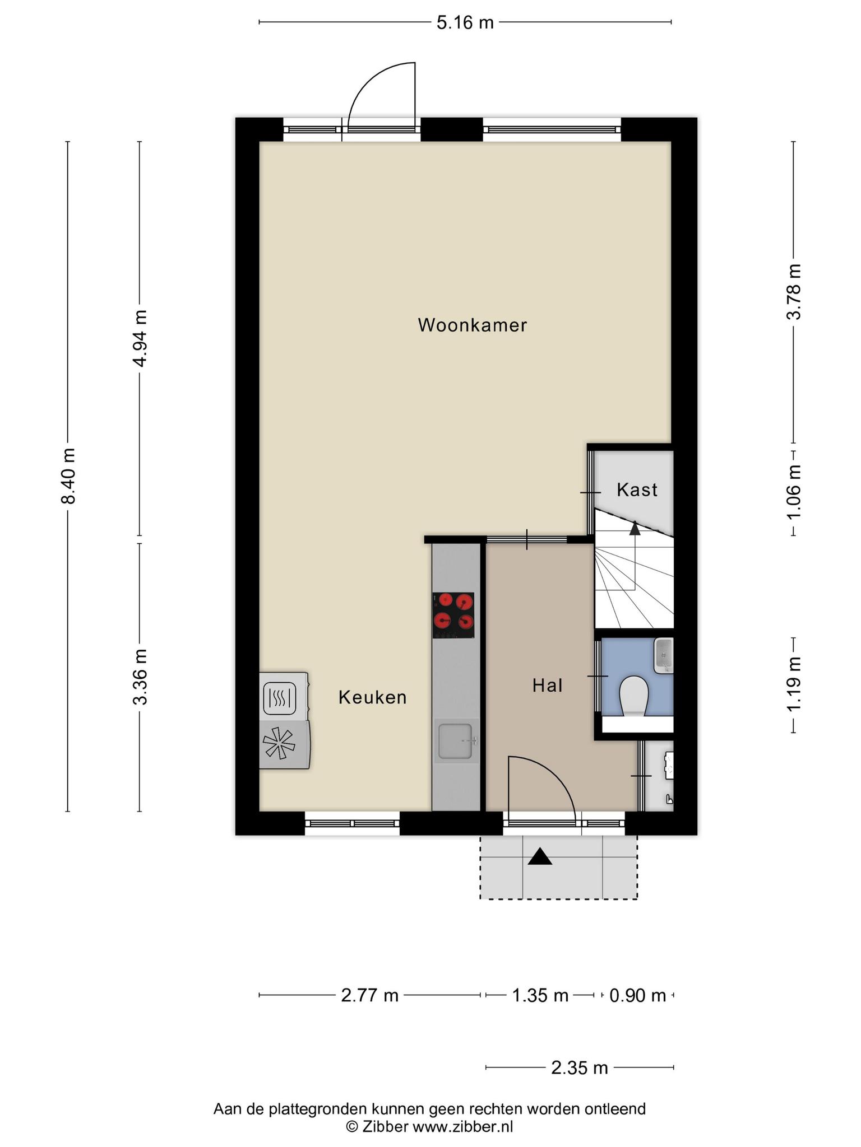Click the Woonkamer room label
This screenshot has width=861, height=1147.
tap(472, 325)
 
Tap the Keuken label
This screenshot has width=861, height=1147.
tap(372, 697)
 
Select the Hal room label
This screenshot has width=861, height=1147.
tap(547, 685)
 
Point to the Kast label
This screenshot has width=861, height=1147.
tap(637, 490)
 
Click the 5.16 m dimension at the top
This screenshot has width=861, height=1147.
tap(465, 23)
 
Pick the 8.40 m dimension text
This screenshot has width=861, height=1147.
tap(68, 476)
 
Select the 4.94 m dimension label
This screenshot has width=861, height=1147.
tap(140, 338)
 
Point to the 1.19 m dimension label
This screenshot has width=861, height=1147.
tap(793, 684)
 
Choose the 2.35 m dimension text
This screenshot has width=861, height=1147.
tap(579, 1068)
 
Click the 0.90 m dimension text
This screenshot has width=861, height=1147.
tap(637, 996)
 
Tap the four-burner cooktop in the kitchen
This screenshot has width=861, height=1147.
tap(453, 615)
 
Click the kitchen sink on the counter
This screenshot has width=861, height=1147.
tap(456, 741)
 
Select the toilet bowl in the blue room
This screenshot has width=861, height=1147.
tap(634, 696)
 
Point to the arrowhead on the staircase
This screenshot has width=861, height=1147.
tap(635, 528)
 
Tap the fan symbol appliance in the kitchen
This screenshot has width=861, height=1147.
tap(279, 744)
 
